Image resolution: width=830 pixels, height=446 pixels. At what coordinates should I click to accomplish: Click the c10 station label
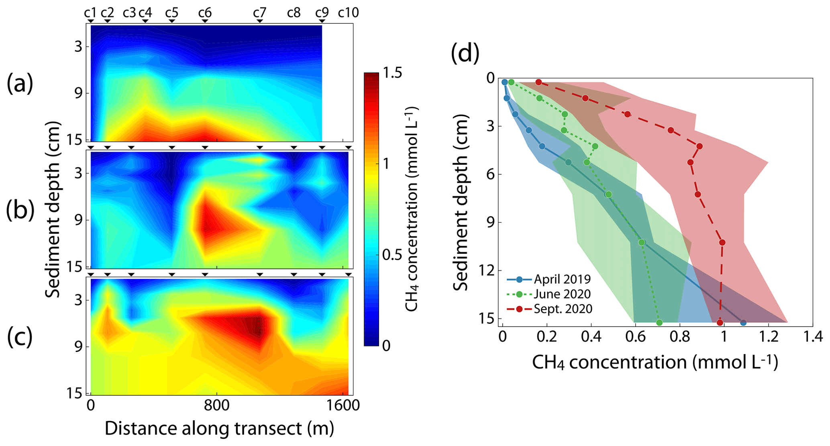pyautogui.click(x=348, y=13)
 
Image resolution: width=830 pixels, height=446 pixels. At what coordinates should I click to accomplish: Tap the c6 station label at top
pyautogui.click(x=205, y=13)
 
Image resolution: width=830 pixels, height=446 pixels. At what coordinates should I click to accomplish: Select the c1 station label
pyautogui.click(x=90, y=13)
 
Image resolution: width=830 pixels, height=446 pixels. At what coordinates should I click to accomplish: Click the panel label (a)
pyautogui.click(x=20, y=84)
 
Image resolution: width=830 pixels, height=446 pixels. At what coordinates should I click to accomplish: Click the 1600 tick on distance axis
pyautogui.click(x=343, y=405)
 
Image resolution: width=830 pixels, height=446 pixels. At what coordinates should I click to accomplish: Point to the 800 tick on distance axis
pyautogui.click(x=217, y=405)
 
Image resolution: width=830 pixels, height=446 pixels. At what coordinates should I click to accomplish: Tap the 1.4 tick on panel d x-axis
pyautogui.click(x=813, y=337)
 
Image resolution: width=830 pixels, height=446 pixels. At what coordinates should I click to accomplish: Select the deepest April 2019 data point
pyautogui.click(x=743, y=323)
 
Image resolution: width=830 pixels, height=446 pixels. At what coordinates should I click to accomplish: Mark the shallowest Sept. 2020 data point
pyautogui.click(x=539, y=82)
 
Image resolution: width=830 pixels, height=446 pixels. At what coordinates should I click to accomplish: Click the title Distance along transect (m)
pyautogui.click(x=219, y=429)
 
